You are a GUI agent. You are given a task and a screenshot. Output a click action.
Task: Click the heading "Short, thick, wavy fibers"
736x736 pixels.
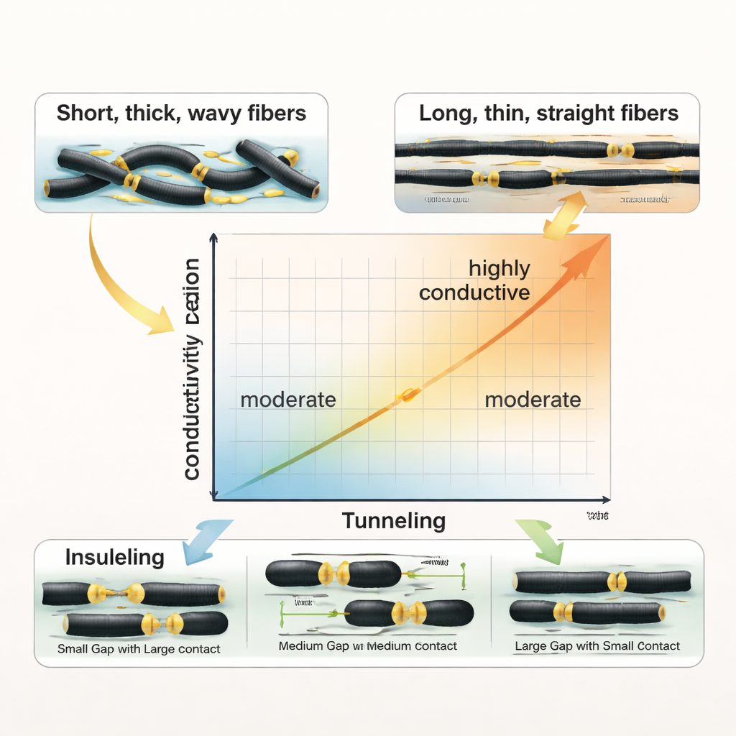tap(181, 113)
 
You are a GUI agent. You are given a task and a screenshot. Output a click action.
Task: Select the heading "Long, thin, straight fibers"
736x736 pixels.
tap(548, 113)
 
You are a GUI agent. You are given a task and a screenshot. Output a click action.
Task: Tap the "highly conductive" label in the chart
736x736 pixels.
tap(474, 280)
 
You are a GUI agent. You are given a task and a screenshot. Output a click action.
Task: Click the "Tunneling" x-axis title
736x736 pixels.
tap(393, 520)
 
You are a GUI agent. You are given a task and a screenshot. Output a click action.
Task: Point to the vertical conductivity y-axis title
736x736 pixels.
tap(192, 369)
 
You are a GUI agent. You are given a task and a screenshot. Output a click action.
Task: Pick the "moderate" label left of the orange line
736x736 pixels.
tap(287, 400)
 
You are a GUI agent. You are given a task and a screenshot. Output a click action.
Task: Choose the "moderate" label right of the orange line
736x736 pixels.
tap(533, 400)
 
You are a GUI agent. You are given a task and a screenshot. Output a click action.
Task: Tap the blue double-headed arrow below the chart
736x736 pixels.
tap(207, 540)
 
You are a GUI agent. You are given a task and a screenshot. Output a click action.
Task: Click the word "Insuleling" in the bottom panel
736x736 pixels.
tap(115, 557)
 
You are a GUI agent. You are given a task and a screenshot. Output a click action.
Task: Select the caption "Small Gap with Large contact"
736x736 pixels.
tap(139, 649)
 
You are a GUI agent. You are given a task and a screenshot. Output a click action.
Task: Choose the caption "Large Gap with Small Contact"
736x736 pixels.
tap(597, 646)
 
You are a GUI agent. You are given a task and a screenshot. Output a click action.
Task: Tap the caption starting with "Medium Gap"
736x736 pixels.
tap(367, 646)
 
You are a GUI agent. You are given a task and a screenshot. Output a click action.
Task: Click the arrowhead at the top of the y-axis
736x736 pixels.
tap(213, 239)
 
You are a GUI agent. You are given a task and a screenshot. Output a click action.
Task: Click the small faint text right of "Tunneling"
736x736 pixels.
tap(597, 516)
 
